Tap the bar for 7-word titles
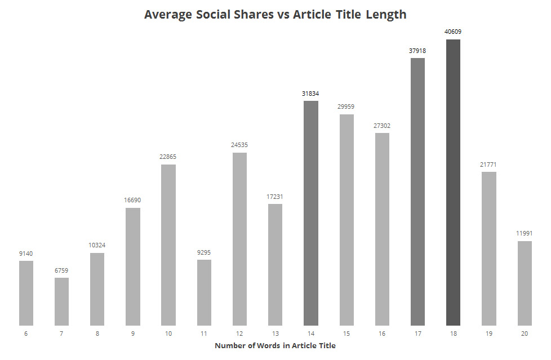click(x=62, y=301)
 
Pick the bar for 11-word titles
click(x=204, y=292)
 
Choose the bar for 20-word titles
click(x=525, y=283)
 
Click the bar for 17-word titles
click(x=417, y=192)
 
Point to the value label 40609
click(x=453, y=32)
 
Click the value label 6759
click(x=62, y=270)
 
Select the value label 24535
click(x=239, y=145)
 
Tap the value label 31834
click(x=311, y=94)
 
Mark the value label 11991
click(x=525, y=233)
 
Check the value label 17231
click(x=275, y=197)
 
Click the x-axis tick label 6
click(x=26, y=334)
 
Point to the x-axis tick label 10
click(x=168, y=334)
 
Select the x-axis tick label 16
click(x=382, y=334)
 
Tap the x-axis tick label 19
click(x=488, y=334)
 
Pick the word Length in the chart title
click(x=386, y=15)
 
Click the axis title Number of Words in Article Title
click(x=275, y=345)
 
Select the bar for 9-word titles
click(x=133, y=266)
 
